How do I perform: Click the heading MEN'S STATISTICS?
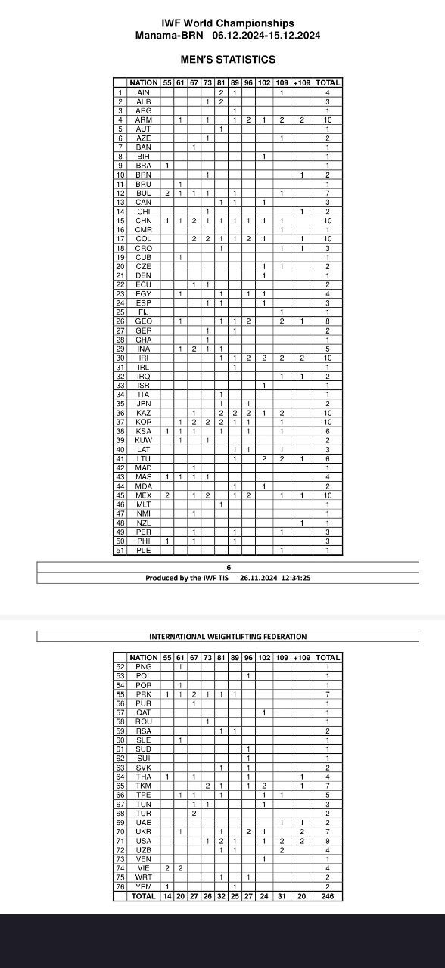pyautogui.click(x=228, y=59)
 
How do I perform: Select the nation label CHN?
pyautogui.click(x=143, y=221)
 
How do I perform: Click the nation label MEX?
pyautogui.click(x=143, y=495)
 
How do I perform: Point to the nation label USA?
pyautogui.click(x=143, y=841)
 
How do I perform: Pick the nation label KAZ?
pyautogui.click(x=143, y=413)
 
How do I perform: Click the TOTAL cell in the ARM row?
pyautogui.click(x=327, y=119)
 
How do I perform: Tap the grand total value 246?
pyautogui.click(x=327, y=896)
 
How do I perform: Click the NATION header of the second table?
pyautogui.click(x=143, y=658)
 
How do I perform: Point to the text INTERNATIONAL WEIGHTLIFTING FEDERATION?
pyautogui.click(x=228, y=637)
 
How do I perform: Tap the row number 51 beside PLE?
pyautogui.click(x=120, y=551)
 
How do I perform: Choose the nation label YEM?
pyautogui.click(x=143, y=887)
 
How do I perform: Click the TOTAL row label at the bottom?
pyautogui.click(x=143, y=896)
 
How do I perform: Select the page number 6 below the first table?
pyautogui.click(x=228, y=567)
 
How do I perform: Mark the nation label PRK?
pyautogui.click(x=143, y=694)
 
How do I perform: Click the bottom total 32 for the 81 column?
pyautogui.click(x=221, y=896)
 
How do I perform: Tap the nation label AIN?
pyautogui.click(x=143, y=92)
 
